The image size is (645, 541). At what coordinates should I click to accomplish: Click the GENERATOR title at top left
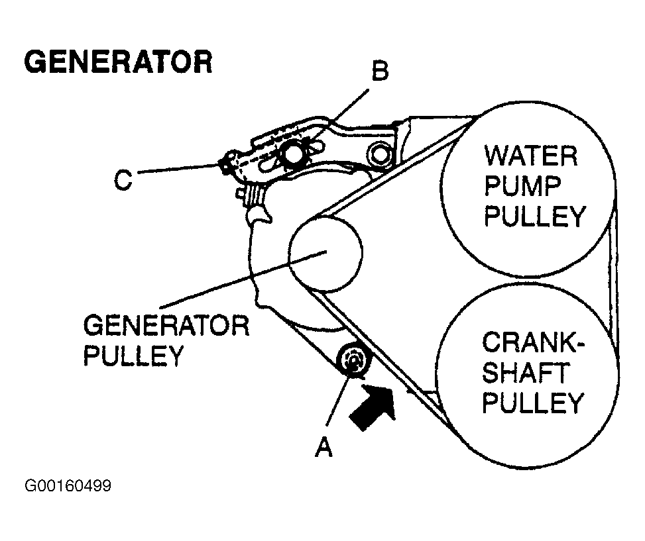tap(118, 62)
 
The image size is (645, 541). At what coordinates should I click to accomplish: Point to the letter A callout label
tap(323, 448)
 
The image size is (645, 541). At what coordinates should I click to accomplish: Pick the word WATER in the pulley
tap(530, 157)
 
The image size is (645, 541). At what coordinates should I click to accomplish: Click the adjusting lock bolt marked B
tap(292, 155)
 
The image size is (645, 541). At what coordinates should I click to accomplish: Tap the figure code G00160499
tap(68, 486)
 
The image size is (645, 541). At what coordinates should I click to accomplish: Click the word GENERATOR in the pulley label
tap(166, 326)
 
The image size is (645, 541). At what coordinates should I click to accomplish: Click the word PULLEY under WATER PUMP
tap(535, 217)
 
